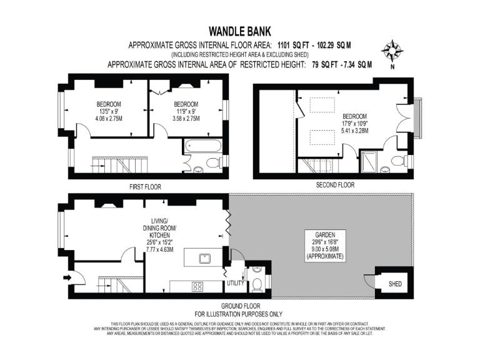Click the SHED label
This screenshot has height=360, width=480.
coord(395,284)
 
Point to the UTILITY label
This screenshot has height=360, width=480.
coord(235,283)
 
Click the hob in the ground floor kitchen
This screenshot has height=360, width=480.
coord(197,287)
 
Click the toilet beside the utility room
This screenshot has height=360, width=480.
coord(257,283)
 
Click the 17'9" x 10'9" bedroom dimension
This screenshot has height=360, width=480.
coord(354,124)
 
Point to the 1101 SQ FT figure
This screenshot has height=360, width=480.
coord(299,45)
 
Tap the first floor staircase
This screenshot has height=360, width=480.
coord(119,166)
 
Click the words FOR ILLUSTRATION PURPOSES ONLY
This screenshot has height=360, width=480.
coord(239,314)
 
